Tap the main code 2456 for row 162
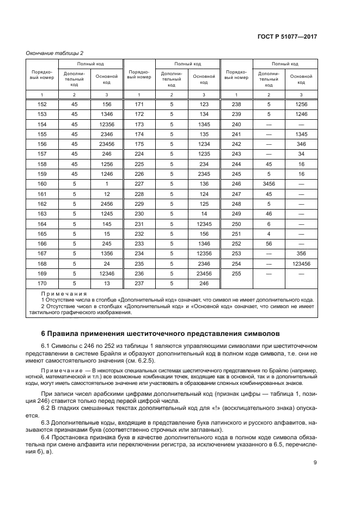106,203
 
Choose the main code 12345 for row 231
204,223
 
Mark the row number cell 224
139,154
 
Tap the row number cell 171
139,104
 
